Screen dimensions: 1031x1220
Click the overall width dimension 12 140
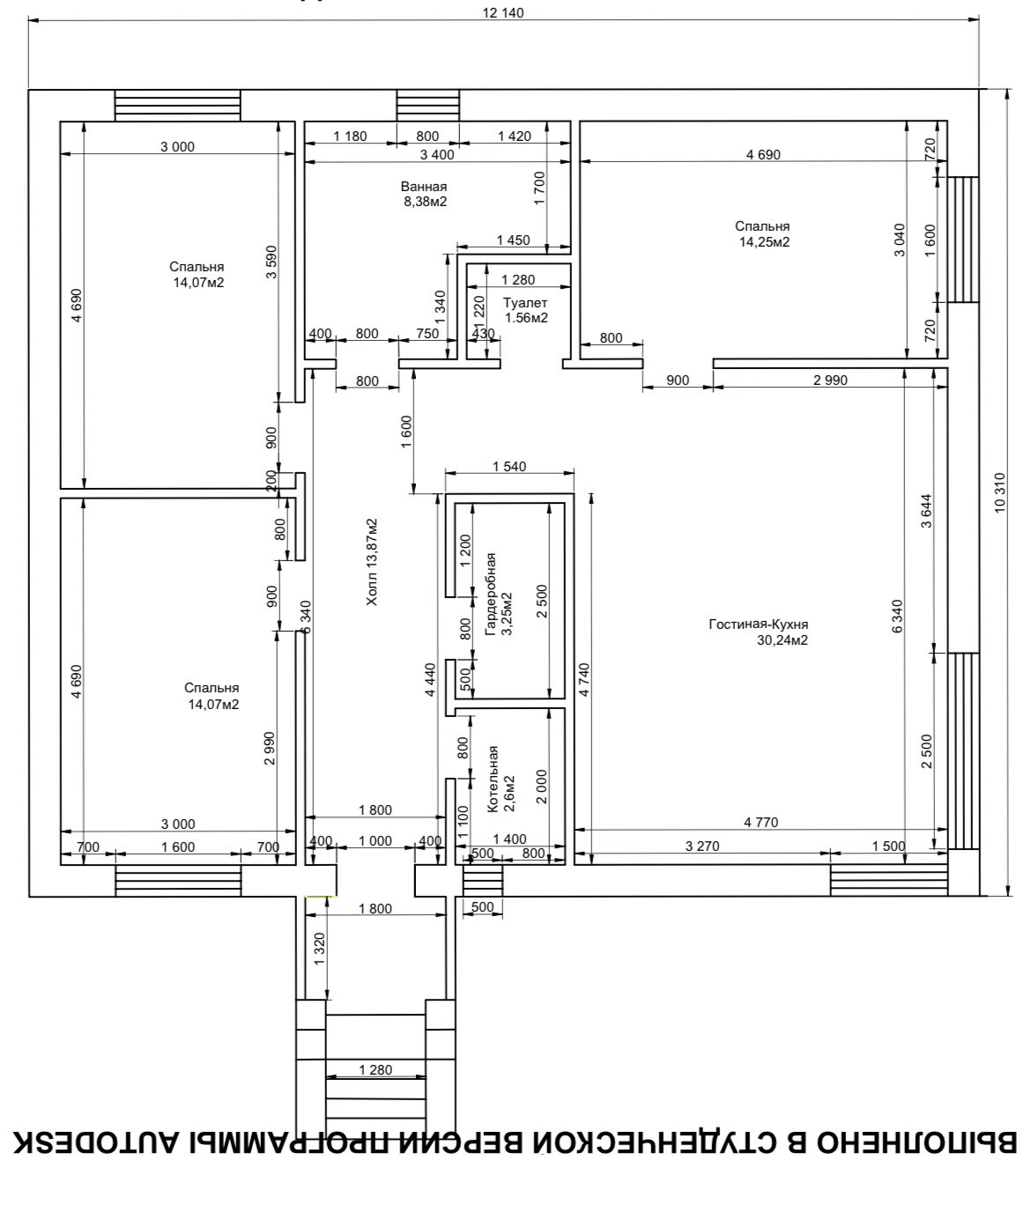point(503,12)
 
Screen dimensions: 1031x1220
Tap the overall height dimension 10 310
point(1000,493)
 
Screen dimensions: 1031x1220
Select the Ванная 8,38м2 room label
point(425,194)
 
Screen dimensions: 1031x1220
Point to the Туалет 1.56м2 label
point(526,310)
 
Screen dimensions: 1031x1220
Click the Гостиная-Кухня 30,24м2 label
point(760,632)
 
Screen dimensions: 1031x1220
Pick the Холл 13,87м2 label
point(372,562)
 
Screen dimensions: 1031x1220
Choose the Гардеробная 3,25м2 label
point(499,595)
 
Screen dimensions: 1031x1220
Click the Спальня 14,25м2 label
point(763,233)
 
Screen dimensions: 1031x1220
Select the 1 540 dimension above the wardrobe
point(509,466)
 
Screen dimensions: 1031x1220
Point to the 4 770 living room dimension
point(761,822)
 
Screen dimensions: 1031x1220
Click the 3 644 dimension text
point(926,511)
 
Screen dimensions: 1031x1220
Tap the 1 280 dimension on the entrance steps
point(375,1070)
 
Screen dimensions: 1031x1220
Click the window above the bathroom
point(428,105)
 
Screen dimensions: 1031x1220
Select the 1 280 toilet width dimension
point(518,280)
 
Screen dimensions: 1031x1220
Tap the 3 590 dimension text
point(271,262)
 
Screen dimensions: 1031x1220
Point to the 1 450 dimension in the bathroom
point(513,240)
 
